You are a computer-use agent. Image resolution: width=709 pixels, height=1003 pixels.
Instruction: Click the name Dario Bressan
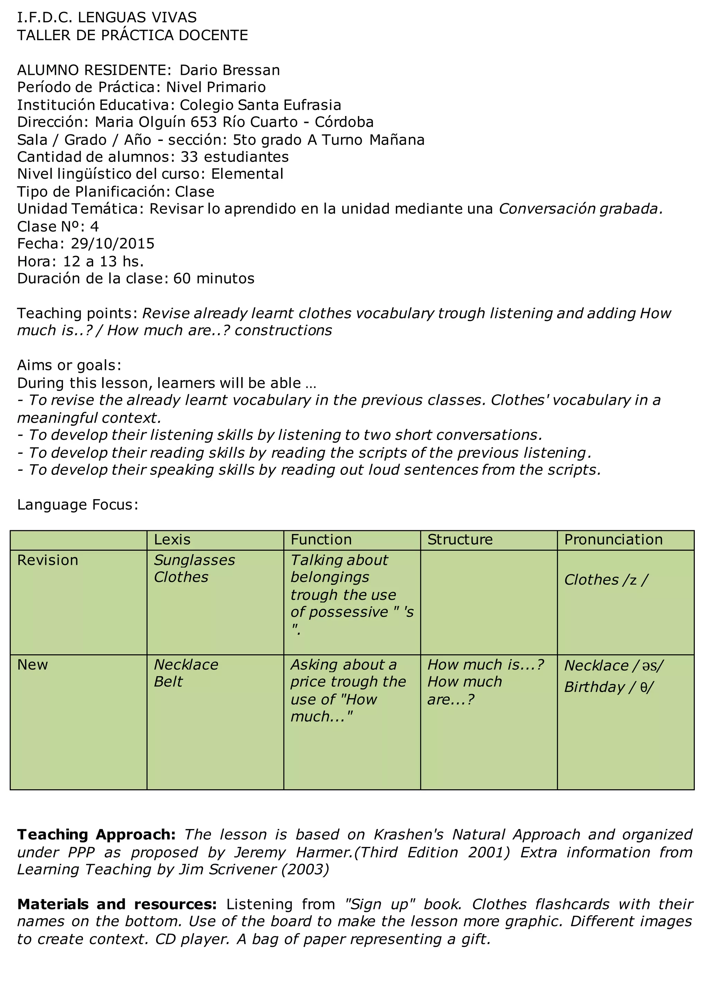(x=230, y=70)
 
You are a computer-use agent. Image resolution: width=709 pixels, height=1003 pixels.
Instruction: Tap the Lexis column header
(x=172, y=540)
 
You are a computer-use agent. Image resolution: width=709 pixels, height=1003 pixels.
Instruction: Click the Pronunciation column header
(x=613, y=540)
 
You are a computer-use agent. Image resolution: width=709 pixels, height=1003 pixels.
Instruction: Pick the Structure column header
(x=460, y=540)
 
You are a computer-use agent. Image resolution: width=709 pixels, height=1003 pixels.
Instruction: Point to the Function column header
(x=321, y=540)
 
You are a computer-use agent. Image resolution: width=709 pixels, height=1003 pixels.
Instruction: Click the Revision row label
(x=47, y=560)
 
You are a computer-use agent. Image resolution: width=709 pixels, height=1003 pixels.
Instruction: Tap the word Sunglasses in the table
(x=194, y=560)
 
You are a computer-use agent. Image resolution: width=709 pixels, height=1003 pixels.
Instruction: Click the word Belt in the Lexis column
(x=168, y=682)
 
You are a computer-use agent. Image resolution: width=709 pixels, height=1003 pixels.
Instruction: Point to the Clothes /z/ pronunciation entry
(x=606, y=580)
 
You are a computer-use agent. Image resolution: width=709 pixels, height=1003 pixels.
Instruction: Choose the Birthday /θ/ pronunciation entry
(x=609, y=687)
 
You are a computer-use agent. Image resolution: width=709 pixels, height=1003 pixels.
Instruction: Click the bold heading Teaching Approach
(x=96, y=834)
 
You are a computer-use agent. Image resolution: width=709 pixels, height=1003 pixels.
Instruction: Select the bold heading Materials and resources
(x=117, y=904)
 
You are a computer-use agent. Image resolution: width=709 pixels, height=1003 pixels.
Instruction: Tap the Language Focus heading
(x=77, y=505)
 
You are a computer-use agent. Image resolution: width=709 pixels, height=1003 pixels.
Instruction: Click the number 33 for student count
(x=189, y=157)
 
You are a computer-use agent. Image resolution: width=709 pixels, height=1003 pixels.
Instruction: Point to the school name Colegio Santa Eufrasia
(x=260, y=105)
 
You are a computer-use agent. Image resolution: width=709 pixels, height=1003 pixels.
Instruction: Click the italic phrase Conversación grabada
(x=581, y=209)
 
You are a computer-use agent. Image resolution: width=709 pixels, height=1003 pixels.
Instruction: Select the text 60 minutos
(x=214, y=278)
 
